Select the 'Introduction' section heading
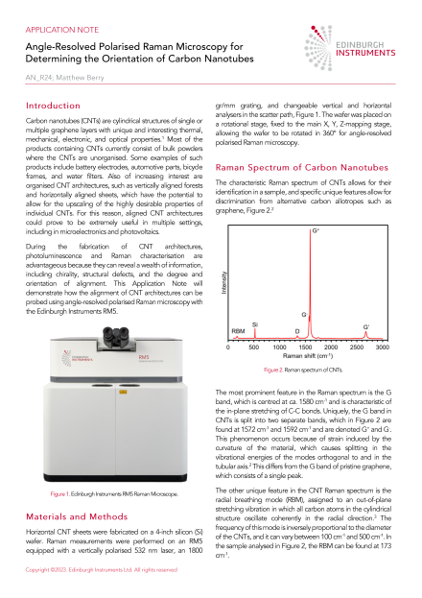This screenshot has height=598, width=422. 57,104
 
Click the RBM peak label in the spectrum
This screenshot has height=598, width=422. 238,357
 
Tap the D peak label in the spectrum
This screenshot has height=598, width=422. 296,357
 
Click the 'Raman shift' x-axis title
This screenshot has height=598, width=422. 308,383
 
